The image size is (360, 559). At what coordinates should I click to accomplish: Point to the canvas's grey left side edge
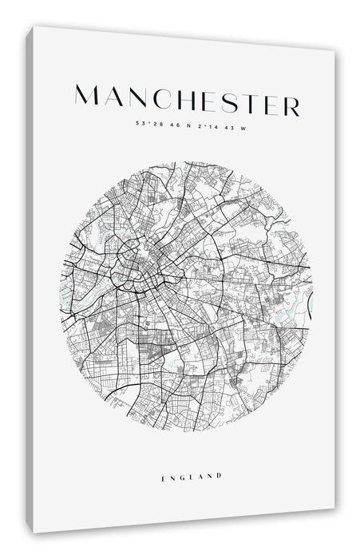30,279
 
